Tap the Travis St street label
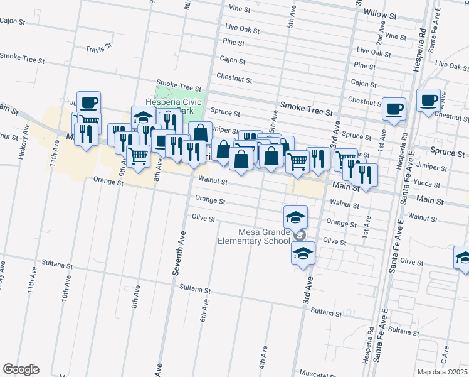[x=98, y=48]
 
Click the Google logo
[x=21, y=369]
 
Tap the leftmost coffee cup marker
[x=89, y=102]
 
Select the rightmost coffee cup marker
[x=429, y=101]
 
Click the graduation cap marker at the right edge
[x=463, y=257]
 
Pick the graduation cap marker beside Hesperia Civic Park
[x=143, y=117]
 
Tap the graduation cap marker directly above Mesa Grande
[x=296, y=217]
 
